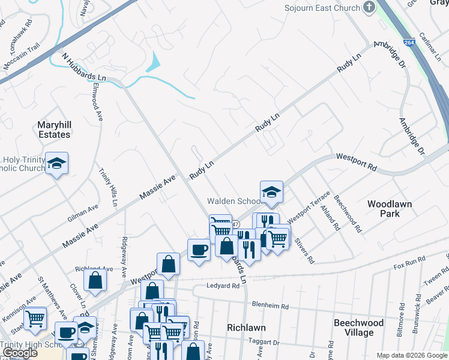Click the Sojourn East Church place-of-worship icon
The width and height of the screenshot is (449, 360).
point(369,8)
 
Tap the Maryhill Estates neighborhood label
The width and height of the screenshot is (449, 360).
point(54,130)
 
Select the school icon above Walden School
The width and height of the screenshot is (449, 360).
point(271,192)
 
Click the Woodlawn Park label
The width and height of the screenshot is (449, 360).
point(390,209)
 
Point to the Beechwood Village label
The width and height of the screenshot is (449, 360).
point(358,328)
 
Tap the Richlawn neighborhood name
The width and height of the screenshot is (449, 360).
point(246,328)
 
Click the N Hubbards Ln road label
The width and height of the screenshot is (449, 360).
point(83,67)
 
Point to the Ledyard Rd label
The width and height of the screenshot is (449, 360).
point(224,286)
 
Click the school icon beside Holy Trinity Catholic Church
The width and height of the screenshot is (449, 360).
point(57,163)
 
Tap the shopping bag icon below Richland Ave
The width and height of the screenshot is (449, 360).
point(95,280)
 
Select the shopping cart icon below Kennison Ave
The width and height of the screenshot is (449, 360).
point(35,317)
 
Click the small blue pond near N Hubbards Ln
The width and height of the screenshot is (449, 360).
point(155,61)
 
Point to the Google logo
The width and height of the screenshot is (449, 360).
point(20,353)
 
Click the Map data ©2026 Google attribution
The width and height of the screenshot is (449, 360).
point(411,355)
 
